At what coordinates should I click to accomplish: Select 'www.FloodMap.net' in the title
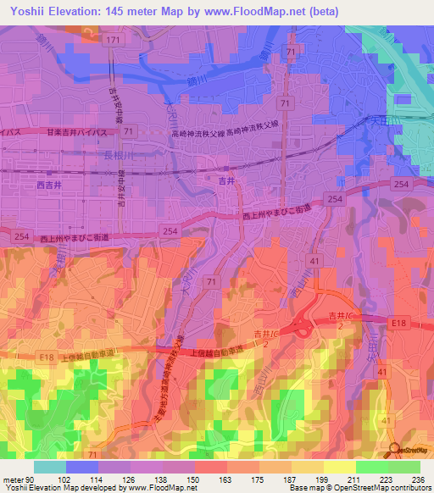[248, 11]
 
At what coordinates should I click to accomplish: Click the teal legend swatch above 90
[49, 466]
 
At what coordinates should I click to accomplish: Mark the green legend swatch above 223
[370, 466]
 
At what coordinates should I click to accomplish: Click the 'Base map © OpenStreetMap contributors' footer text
[365, 488]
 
